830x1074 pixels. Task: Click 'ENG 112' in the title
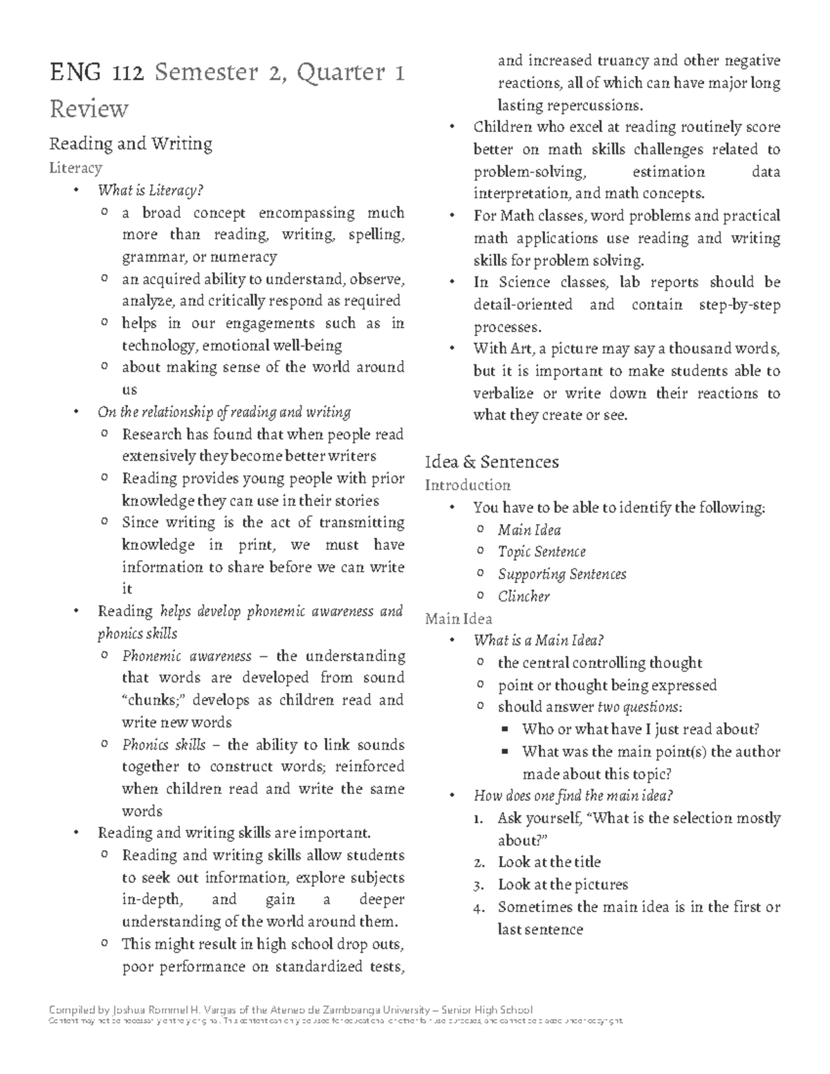click(x=96, y=73)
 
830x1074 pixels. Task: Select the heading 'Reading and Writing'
click(x=130, y=144)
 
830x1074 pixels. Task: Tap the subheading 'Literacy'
click(x=75, y=168)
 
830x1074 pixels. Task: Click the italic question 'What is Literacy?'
click(x=151, y=190)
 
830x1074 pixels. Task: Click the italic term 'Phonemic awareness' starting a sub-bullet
click(x=186, y=656)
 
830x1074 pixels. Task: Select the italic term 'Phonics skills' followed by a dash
click(x=163, y=745)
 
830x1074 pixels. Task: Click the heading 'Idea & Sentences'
click(x=492, y=462)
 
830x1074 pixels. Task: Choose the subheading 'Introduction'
click(x=468, y=485)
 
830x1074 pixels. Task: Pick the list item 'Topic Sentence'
click(x=542, y=552)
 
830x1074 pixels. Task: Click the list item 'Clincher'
click(x=524, y=596)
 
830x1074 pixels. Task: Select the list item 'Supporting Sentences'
click(x=562, y=574)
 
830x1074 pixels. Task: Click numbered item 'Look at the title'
click(x=549, y=862)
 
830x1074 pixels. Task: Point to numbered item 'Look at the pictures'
click(x=562, y=885)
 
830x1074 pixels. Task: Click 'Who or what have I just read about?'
click(x=640, y=729)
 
